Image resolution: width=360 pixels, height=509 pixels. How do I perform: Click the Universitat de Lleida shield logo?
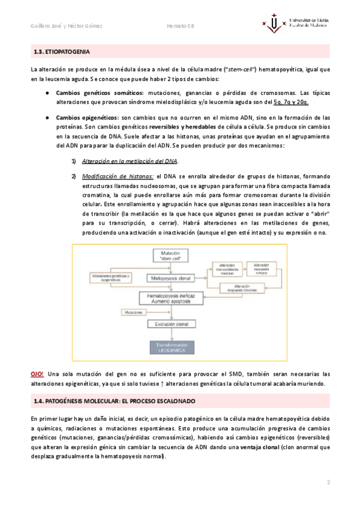[275, 23]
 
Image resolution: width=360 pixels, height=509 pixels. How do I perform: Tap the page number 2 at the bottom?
[328, 483]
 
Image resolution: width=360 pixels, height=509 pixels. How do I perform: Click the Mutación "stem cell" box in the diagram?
[171, 258]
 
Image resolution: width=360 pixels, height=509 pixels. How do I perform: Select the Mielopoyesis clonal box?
[171, 279]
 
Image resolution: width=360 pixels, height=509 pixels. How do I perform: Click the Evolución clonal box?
[171, 324]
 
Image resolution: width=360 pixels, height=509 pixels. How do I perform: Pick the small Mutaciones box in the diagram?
[133, 313]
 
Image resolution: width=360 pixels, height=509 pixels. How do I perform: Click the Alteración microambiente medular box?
[224, 268]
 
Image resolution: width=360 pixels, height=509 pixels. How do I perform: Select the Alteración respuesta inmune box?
[262, 268]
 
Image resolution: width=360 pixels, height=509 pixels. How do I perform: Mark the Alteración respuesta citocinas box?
[247, 288]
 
